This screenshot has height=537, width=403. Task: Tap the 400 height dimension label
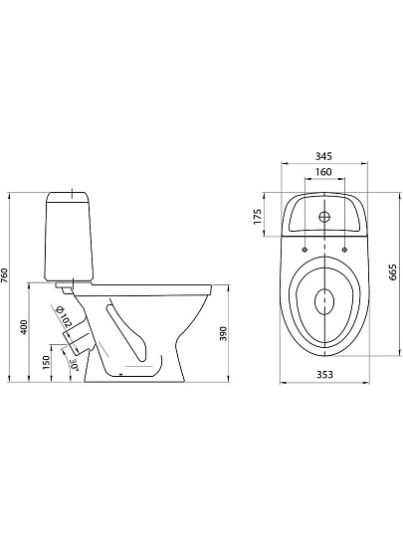(24, 327)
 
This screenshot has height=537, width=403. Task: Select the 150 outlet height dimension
(46, 362)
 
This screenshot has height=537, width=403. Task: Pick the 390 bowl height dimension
(223, 333)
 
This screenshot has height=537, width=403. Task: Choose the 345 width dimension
(323, 156)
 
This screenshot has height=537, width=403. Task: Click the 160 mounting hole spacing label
(323, 172)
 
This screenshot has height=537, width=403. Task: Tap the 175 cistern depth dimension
(258, 216)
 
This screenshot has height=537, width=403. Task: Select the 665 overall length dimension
(393, 272)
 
